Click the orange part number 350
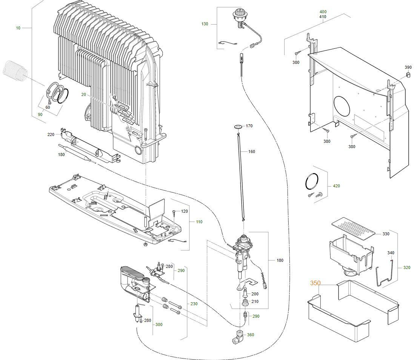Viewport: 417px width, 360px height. tap(315, 283)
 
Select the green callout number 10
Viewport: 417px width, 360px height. tap(18, 28)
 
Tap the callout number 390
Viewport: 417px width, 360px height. tap(408, 67)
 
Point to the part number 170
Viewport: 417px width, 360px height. tap(249, 126)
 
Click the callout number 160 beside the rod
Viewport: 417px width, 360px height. tap(251, 151)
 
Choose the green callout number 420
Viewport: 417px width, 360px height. tap(336, 186)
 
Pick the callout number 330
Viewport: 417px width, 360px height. tap(386, 234)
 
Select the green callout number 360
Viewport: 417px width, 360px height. tap(251, 335)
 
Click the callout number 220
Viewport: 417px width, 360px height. tap(51, 134)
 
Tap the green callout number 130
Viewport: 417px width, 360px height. tap(205, 24)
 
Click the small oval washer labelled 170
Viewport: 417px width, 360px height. tap(238, 126)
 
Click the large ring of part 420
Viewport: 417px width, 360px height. tap(312, 182)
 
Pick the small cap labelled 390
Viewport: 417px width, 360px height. tap(408, 75)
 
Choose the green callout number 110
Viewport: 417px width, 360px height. tap(199, 222)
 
